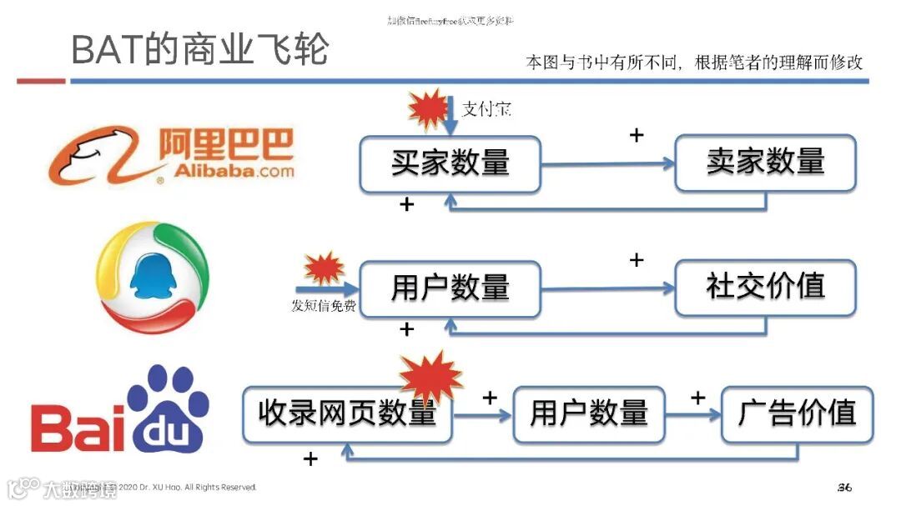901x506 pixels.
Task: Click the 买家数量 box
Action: (x=450, y=163)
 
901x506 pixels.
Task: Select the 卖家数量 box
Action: (x=765, y=162)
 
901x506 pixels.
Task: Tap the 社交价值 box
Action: (x=765, y=288)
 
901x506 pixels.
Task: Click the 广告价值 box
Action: (x=797, y=413)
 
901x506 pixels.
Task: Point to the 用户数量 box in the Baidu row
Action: (x=589, y=413)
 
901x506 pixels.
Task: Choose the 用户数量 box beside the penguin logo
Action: (x=450, y=288)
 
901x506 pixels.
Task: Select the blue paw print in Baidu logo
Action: (x=167, y=408)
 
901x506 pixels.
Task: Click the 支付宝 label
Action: (x=486, y=109)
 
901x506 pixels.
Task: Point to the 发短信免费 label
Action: (x=323, y=306)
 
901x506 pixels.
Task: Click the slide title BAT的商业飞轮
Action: (x=199, y=50)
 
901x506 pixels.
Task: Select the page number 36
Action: (x=843, y=487)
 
